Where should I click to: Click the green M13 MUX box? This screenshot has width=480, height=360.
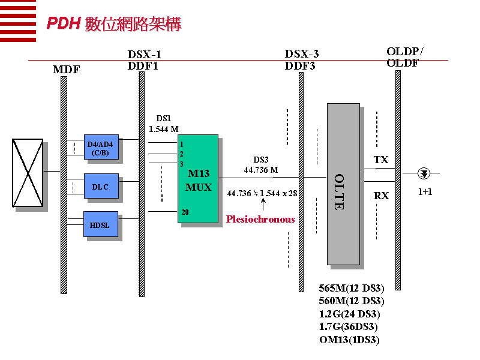pyautogui.click(x=197, y=179)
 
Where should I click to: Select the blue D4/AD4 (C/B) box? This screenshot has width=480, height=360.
pyautogui.click(x=101, y=147)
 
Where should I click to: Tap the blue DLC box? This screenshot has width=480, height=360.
pyautogui.click(x=101, y=186)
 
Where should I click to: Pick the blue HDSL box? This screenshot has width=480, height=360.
pyautogui.click(x=100, y=224)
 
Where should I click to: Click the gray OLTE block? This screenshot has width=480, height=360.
pyautogui.click(x=343, y=184)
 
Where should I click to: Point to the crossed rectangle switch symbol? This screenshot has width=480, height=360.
pyautogui.click(x=28, y=173)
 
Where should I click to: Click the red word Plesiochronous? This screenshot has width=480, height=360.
pyautogui.click(x=260, y=220)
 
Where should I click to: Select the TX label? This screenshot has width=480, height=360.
pyautogui.click(x=381, y=160)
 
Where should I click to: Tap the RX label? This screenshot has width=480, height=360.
pyautogui.click(x=381, y=196)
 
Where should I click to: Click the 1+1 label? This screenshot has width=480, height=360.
pyautogui.click(x=425, y=193)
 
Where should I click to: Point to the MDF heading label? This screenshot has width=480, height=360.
pyautogui.click(x=66, y=70)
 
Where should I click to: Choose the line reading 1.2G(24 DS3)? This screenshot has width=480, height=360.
pyautogui.click(x=350, y=314)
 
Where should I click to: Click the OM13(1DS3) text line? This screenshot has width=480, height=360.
pyautogui.click(x=350, y=340)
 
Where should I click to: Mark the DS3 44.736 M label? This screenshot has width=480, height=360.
pyautogui.click(x=261, y=165)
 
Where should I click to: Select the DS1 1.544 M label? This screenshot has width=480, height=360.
pyautogui.click(x=164, y=124)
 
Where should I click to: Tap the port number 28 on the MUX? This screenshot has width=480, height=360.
pyautogui.click(x=185, y=212)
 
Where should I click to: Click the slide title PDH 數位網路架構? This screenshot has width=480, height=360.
pyautogui.click(x=114, y=24)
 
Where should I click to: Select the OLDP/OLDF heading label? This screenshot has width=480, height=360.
pyautogui.click(x=404, y=57)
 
